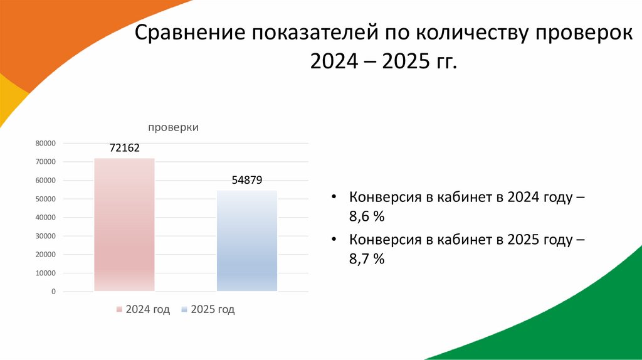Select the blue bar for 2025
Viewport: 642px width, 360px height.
pos(247,241)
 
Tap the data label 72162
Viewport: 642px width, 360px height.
pos(124,148)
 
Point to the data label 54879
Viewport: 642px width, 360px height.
pos(247,180)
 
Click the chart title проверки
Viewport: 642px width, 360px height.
pos(174,127)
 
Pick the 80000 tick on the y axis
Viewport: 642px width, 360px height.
pos(46,144)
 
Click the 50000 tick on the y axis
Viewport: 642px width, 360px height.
pos(46,199)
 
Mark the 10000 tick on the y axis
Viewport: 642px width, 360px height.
pos(46,273)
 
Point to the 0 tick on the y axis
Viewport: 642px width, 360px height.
pos(53,292)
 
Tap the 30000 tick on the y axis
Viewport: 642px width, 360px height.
pos(46,236)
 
